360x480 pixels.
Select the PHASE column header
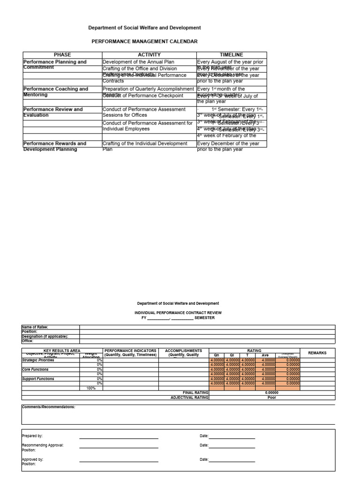tap(62, 55)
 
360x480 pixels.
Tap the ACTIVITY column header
tap(149, 55)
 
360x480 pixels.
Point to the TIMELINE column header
tap(232, 55)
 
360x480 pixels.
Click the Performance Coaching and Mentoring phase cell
tap(56, 91)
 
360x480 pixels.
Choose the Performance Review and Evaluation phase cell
tap(53, 112)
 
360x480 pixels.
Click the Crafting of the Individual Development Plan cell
tap(145, 146)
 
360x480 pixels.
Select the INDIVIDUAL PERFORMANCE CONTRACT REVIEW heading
tap(178, 312)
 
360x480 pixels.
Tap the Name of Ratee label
tap(35, 327)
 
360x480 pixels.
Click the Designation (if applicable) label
tap(45, 337)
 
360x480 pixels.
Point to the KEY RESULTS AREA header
tap(62, 351)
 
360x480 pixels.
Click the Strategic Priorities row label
tap(38, 360)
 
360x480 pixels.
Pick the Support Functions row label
tap(38, 379)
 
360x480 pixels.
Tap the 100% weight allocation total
tap(91, 388)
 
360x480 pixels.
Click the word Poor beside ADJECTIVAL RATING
tap(271, 397)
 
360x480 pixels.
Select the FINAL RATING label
tap(195, 393)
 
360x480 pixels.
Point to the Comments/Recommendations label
tap(49, 407)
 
